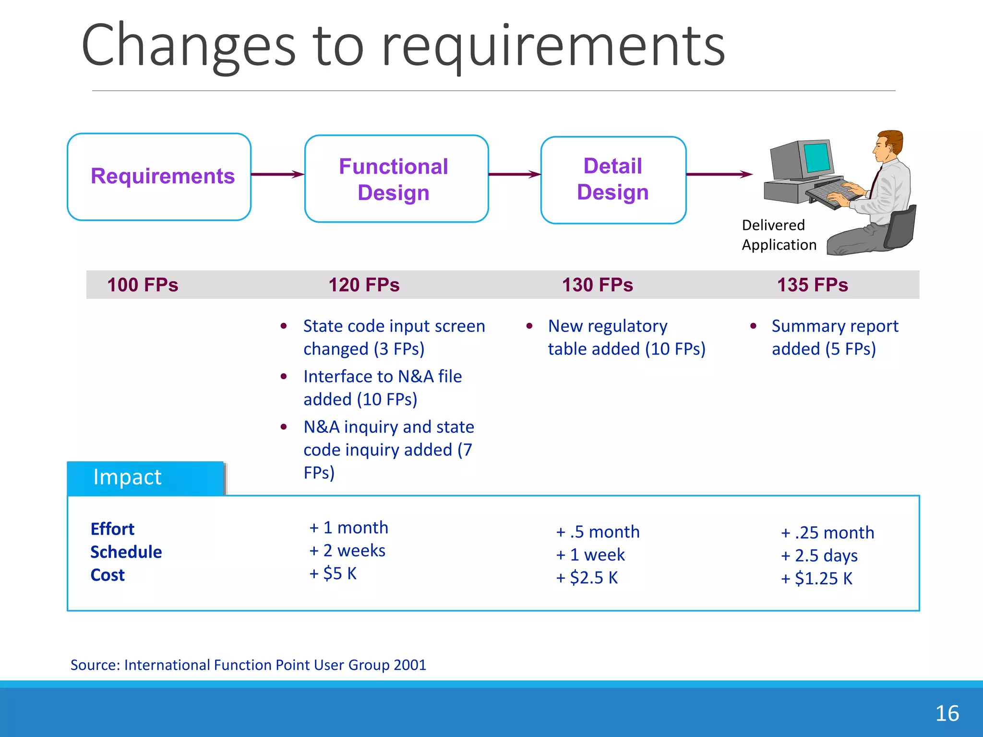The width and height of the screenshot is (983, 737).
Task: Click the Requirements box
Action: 159,177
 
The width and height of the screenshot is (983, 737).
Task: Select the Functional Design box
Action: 396,178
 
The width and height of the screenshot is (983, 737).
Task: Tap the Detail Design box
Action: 613,179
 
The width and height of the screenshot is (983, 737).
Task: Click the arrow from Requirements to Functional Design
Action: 277,174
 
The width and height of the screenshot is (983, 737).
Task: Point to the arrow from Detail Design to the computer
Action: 719,174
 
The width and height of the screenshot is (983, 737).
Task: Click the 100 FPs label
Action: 143,285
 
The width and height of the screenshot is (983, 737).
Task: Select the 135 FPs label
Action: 812,285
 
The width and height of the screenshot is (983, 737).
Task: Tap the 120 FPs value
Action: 364,285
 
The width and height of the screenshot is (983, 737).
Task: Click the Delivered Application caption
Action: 779,235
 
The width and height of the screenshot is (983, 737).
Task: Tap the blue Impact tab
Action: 145,478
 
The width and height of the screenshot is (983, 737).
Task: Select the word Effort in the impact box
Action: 112,529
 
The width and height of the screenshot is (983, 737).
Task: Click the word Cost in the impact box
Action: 108,575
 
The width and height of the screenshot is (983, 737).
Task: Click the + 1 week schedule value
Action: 590,555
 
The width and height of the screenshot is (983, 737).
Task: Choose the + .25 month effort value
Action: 827,533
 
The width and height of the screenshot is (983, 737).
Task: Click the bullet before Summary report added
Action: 753,326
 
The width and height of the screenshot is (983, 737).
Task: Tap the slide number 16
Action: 947,713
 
